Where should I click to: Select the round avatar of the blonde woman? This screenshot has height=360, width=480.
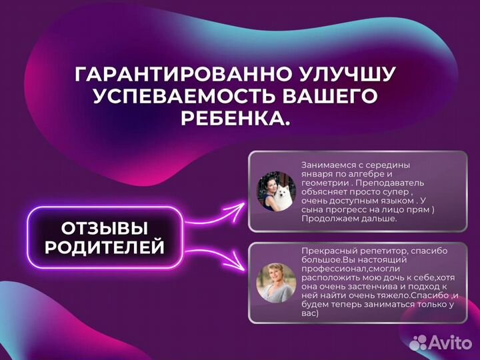(x=277, y=281)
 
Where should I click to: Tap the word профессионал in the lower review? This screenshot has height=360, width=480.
(x=332, y=267)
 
